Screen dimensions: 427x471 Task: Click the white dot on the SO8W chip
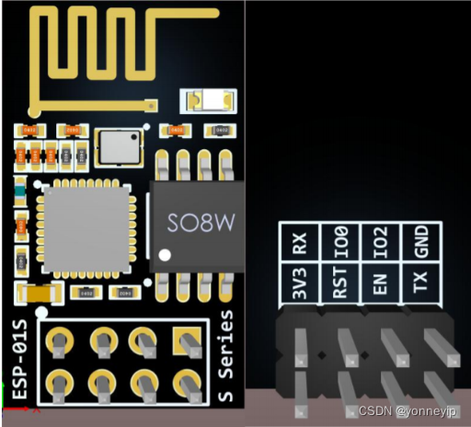(165, 254)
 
